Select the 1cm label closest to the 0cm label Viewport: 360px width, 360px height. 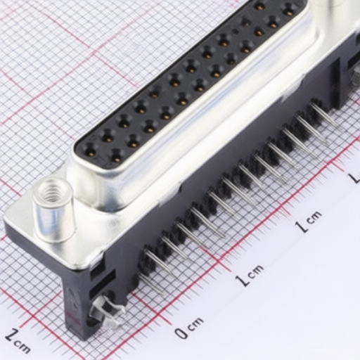point(250,275)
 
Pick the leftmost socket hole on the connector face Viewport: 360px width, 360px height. point(90,150)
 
